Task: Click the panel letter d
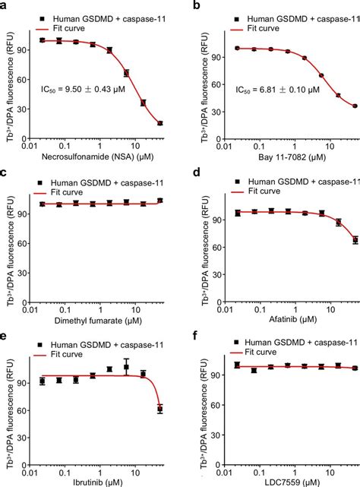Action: click(x=188, y=174)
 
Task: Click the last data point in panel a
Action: click(x=159, y=123)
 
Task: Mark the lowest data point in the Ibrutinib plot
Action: click(x=159, y=409)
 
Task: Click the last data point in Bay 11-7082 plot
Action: click(x=354, y=106)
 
